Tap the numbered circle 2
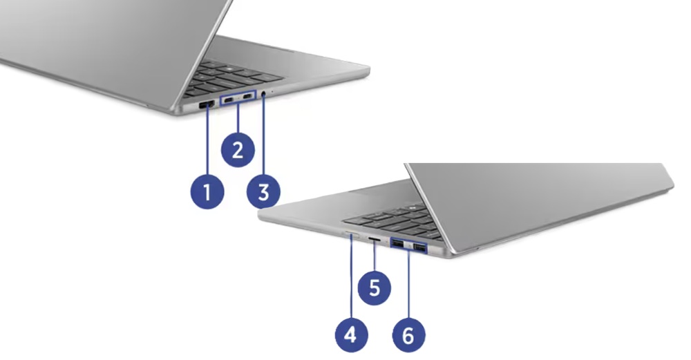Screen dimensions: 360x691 click(x=237, y=149)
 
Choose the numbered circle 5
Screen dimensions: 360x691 click(x=374, y=287)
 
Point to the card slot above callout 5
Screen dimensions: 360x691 click(x=374, y=238)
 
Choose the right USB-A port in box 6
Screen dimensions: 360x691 click(x=419, y=246)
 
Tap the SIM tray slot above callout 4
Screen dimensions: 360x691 click(x=350, y=235)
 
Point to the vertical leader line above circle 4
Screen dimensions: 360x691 click(x=351, y=276)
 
